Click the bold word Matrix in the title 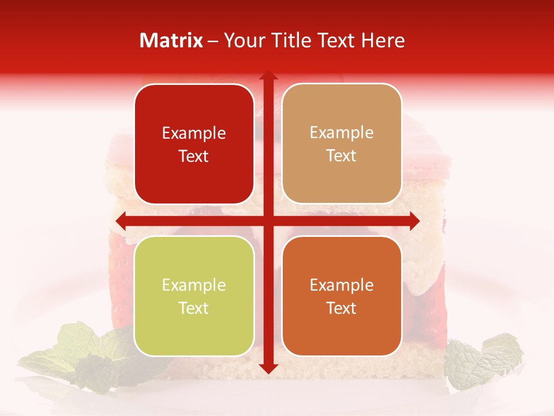coord(171,40)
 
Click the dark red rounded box coord(194,144)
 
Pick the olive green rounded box coord(194,296)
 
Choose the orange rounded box coord(342,296)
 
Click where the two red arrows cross coord(268,221)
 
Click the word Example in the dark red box coord(194,133)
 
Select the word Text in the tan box coord(342,156)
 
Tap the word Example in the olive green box coord(194,285)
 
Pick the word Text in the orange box coord(342,309)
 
